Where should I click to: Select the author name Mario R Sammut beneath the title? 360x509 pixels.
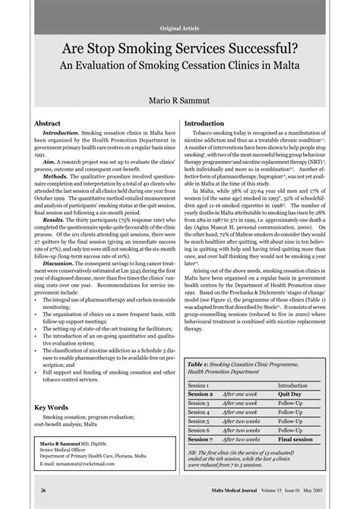pyautogui.click(x=179, y=101)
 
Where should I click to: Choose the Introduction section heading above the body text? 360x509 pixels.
pyautogui.click(x=210, y=122)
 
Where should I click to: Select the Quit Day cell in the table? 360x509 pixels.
pyautogui.click(x=290, y=394)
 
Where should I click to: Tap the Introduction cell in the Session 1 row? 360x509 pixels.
pyautogui.click(x=292, y=385)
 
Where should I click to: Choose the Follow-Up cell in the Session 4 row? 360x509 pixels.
pyautogui.click(x=289, y=412)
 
